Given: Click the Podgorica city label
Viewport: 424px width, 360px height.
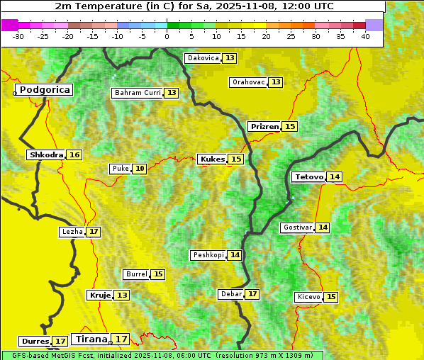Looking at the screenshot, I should coord(45,90).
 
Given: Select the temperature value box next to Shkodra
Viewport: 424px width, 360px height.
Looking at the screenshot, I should coord(74,154).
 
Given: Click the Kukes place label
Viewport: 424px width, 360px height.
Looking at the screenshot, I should coord(212,159).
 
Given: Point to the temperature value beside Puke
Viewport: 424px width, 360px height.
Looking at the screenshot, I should coord(140,169).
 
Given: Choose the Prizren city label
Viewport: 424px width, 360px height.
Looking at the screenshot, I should coord(264,126).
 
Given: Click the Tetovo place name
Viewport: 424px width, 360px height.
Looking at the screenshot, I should coord(308,176).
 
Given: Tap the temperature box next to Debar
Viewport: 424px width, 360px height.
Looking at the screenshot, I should coord(252,294).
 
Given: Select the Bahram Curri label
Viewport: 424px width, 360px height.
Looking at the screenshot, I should coord(138,93).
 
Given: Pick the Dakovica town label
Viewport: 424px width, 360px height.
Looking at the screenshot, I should coord(202,58).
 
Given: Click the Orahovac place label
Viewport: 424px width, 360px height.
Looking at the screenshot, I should coord(248,82).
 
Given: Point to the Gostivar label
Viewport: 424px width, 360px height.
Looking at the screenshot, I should coord(296,227).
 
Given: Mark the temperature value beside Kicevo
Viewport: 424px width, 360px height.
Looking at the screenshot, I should coord(331,297).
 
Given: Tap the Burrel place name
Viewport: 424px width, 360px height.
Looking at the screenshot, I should coord(136,274).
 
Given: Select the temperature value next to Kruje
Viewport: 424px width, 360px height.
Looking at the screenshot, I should coord(123,295).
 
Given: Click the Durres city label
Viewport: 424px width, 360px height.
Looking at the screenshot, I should coord(35,342).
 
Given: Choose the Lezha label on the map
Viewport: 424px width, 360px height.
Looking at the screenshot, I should coord(72,232).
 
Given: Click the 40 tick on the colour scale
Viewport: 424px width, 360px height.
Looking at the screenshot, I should coord(365,35).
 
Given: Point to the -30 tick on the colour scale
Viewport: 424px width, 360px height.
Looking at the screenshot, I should coord(18,35).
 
